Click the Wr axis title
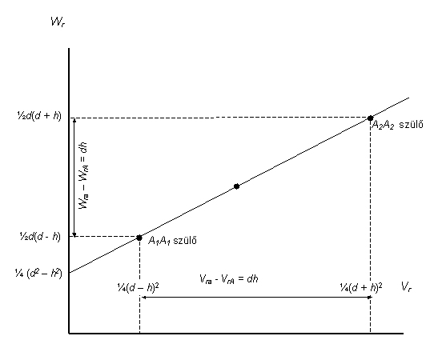(58, 22)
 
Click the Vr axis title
(406, 286)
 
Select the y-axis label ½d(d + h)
(39, 115)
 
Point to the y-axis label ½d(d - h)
(40, 237)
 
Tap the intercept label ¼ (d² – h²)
(38, 273)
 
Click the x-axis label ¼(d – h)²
(139, 287)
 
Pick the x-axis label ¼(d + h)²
(361, 287)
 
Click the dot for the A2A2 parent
(370, 118)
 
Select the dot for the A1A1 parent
(139, 238)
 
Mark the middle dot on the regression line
(236, 186)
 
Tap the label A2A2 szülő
(397, 125)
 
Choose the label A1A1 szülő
(172, 240)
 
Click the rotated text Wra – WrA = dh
(83, 176)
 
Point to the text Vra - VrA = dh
(228, 278)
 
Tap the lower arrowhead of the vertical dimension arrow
(74, 236)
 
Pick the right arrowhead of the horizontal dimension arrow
(371, 298)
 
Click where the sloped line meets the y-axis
(70, 273)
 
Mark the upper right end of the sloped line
(409, 98)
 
